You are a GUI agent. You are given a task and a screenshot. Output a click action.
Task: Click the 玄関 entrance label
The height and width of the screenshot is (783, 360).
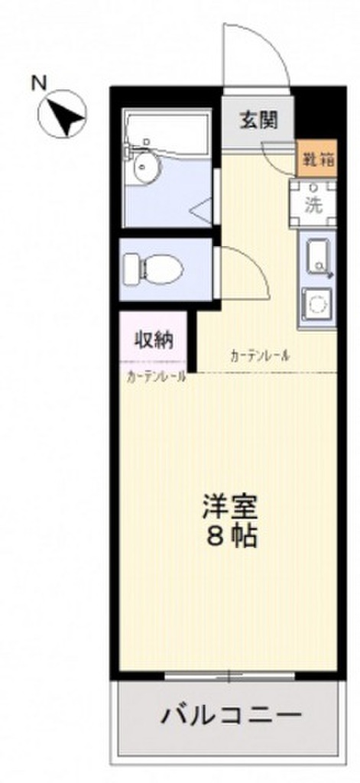click(x=257, y=119)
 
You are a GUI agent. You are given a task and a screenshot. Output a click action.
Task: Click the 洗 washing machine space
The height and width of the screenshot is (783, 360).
click(x=313, y=204)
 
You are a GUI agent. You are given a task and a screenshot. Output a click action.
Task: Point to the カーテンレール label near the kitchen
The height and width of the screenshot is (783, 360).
click(x=259, y=356)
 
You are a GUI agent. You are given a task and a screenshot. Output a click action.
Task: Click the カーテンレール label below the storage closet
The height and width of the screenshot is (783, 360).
click(x=156, y=375)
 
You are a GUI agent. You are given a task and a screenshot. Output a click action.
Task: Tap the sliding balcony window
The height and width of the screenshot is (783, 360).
click(x=229, y=676)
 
